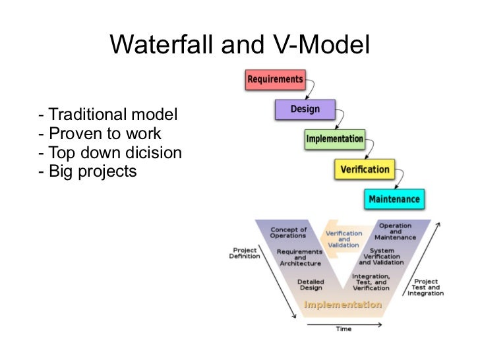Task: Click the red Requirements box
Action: click(x=275, y=80)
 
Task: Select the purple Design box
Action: click(x=304, y=109)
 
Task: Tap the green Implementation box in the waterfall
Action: click(x=334, y=139)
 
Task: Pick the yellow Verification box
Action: click(x=365, y=169)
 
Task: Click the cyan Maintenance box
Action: click(x=394, y=199)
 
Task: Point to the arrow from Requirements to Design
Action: click(x=311, y=89)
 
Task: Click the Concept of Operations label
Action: click(x=288, y=233)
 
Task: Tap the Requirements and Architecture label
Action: click(x=299, y=257)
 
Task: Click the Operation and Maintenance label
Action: click(x=395, y=231)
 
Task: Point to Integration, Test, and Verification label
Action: click(x=371, y=282)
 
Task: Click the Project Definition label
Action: click(x=244, y=253)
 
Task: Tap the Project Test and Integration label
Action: click(x=425, y=287)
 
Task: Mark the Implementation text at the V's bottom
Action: click(x=342, y=305)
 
